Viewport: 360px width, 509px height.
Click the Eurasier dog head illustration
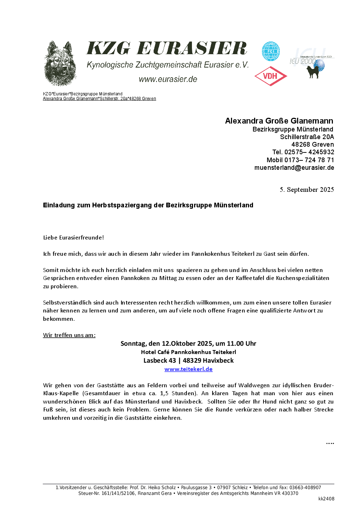60,64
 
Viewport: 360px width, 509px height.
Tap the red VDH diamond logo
271,76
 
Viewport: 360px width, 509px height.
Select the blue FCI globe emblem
271,52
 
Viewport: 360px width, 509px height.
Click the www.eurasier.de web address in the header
168,79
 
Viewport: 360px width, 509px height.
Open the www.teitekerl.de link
188,369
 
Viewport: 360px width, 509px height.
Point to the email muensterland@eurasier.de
294,168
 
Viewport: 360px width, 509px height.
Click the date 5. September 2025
307,190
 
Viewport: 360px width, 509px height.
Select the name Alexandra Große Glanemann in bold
279,121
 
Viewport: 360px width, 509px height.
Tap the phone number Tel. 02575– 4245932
303,152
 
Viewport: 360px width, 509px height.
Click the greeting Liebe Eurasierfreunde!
73,237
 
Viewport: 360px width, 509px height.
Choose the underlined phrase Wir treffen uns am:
69,335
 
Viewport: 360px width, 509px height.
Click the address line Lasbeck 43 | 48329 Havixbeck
188,361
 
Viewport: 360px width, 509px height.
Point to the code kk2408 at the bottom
326,499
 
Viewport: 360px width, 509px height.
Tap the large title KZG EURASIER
167,48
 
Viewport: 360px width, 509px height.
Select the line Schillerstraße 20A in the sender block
307,137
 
